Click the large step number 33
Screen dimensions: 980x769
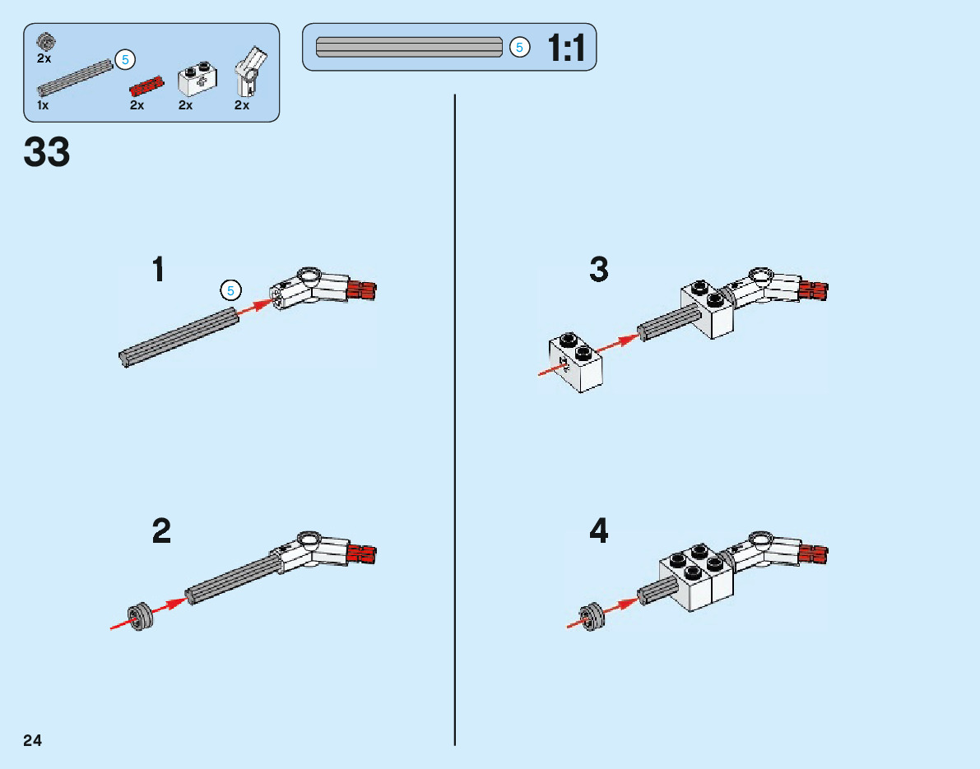click(x=48, y=153)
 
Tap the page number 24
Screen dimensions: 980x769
click(x=32, y=740)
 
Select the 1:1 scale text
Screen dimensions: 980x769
click(x=566, y=49)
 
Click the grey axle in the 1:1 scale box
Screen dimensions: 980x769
click(x=409, y=47)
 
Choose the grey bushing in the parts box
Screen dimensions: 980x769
click(x=45, y=42)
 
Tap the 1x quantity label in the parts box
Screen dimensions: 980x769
click(x=43, y=105)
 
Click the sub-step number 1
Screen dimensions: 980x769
click(x=159, y=270)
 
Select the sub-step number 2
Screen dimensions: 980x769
click(x=161, y=531)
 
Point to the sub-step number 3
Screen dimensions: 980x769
click(x=599, y=270)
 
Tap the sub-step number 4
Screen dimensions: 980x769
click(x=599, y=531)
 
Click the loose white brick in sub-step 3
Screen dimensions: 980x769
click(x=576, y=362)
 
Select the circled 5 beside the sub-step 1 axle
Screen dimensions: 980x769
click(x=231, y=290)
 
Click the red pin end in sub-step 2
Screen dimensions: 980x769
click(x=362, y=553)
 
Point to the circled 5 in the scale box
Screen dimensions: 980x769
click(x=518, y=48)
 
